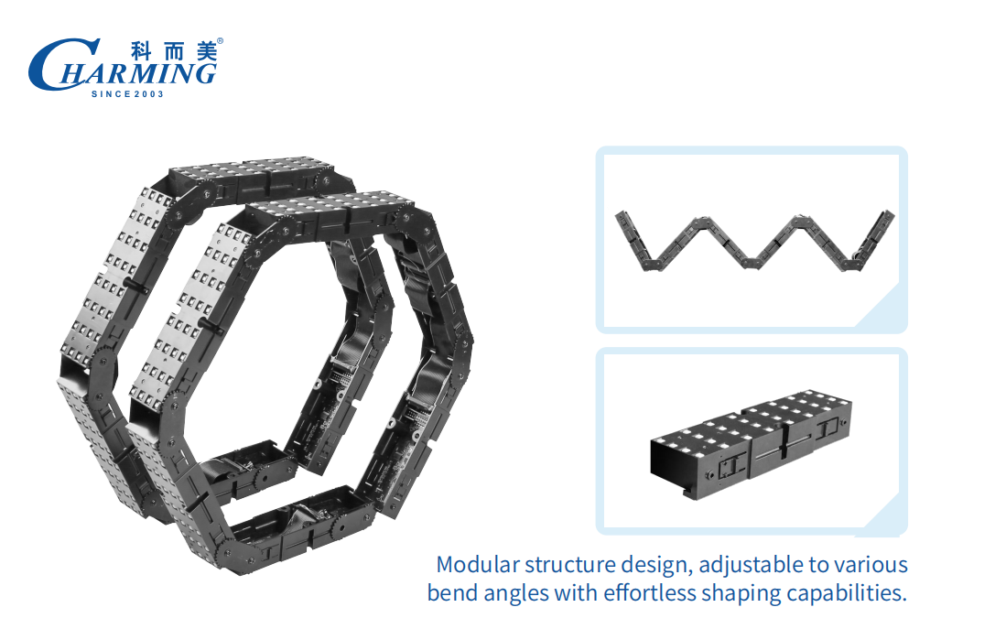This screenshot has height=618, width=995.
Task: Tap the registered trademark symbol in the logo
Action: pos(220,41)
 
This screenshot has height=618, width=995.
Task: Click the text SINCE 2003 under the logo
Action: pos(127,94)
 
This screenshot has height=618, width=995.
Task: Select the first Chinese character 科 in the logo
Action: pos(141,51)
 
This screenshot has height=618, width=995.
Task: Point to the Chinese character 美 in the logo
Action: pos(206,51)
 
